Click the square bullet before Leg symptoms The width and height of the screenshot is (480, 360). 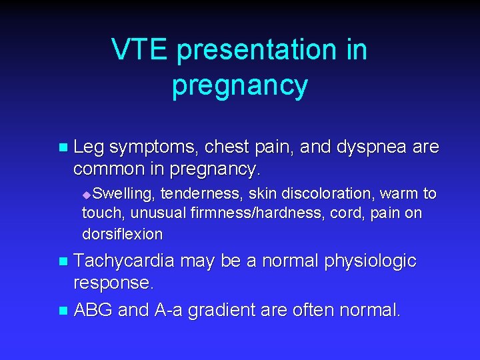pyautogui.click(x=63, y=147)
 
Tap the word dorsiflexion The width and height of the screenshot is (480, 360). pyautogui.click(x=122, y=234)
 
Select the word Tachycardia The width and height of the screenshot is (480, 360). pyautogui.click(x=123, y=261)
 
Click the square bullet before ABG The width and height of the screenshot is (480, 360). pyautogui.click(x=63, y=310)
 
